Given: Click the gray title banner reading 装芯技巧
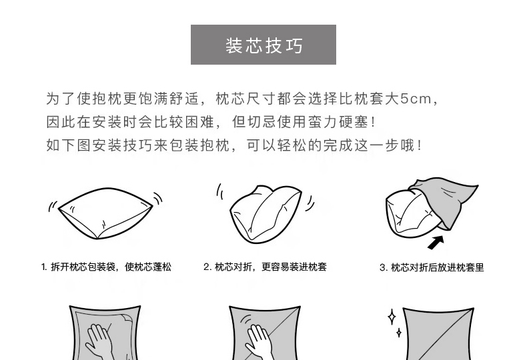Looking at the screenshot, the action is (263, 44).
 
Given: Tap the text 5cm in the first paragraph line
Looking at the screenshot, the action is (416, 99).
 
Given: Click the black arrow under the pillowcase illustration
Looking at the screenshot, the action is (436, 242).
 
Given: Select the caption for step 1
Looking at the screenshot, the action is (106, 267).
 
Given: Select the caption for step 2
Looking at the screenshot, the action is (265, 267).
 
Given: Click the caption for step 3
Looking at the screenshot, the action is (432, 267).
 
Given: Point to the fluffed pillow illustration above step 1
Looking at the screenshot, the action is (105, 213).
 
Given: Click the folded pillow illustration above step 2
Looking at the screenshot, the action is (266, 214).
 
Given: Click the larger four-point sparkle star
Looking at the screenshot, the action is (392, 317).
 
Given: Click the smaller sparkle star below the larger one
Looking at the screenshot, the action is (399, 333).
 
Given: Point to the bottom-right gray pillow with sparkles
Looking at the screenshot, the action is (438, 334).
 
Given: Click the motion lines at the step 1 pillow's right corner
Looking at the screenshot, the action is (158, 199).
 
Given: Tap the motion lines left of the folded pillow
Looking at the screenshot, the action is (220, 191).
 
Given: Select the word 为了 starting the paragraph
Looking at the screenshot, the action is (61, 99).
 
